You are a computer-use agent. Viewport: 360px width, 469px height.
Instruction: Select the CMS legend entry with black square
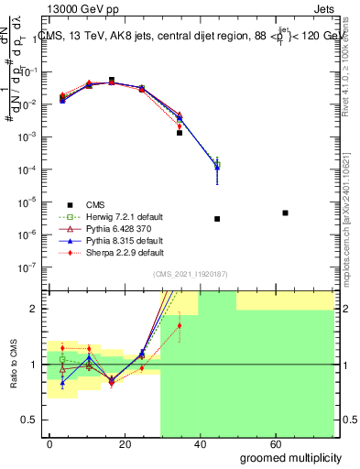point(96,204)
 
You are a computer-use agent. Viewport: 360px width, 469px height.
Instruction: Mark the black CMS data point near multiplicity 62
point(286,213)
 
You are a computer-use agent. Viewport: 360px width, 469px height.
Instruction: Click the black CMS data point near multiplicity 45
point(217,219)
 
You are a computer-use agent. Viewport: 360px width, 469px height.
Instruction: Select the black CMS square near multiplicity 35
point(180,133)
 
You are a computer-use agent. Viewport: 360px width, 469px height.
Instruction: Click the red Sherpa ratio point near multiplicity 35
point(180,325)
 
